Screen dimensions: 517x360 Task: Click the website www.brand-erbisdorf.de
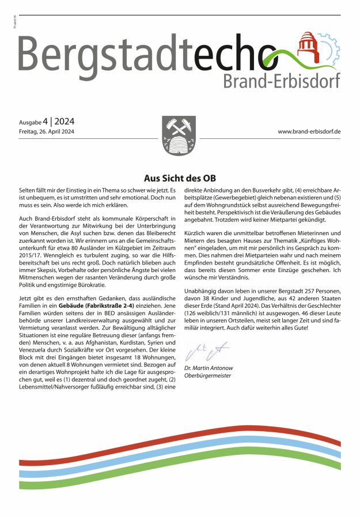[x=309, y=132]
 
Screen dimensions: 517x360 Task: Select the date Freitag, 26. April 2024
[x=47, y=132]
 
